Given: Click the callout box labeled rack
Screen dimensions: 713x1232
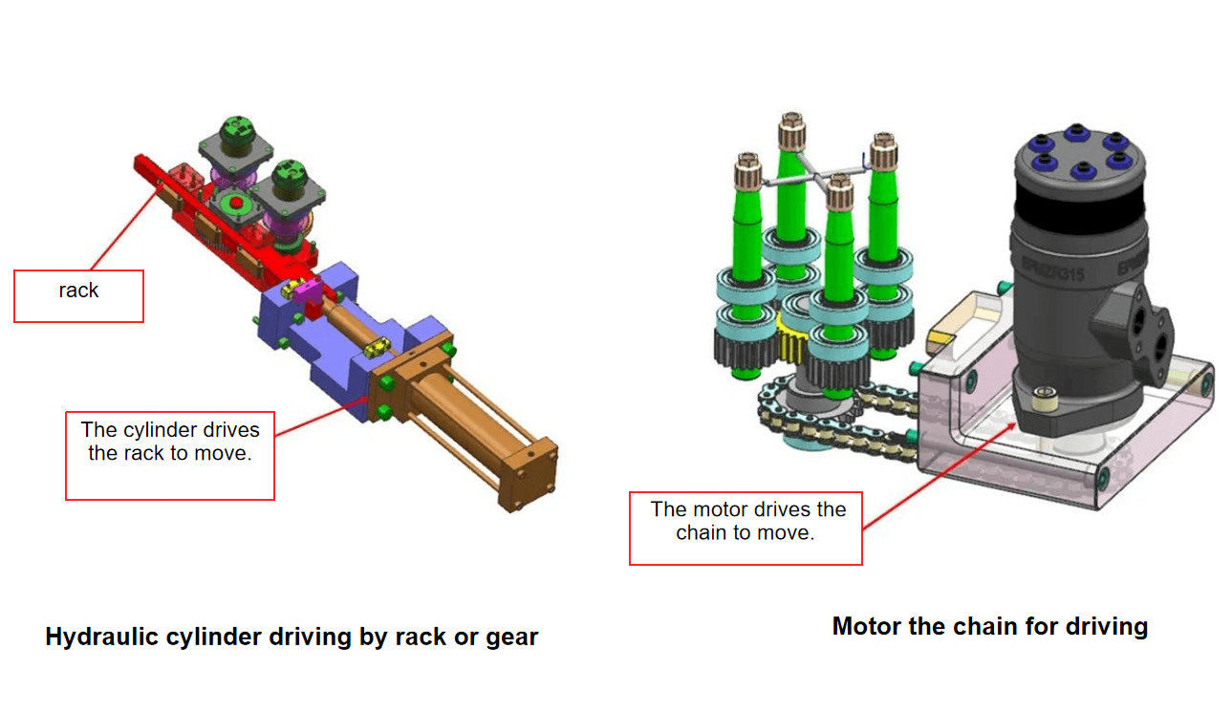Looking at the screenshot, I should click(x=78, y=295).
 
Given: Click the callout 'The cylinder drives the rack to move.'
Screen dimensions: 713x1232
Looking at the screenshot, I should click(x=170, y=455).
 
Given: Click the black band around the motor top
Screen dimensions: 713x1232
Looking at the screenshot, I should click(x=1074, y=203).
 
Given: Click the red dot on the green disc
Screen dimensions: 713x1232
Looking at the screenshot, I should click(x=232, y=203).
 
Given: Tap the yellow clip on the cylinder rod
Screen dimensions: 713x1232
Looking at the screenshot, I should click(x=379, y=343).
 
